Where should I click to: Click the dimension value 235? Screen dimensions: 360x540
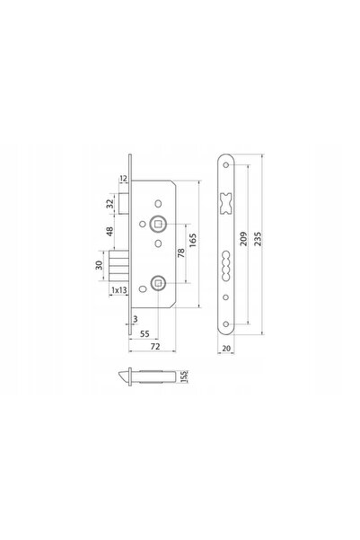pos(258,239)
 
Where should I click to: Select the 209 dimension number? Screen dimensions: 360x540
pos(243,239)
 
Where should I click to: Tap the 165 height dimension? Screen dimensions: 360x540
pos(193,240)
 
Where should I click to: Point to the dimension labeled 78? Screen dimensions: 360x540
pos(181,252)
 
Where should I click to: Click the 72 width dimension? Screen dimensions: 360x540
pos(155,347)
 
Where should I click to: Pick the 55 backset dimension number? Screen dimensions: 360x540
pos(145,333)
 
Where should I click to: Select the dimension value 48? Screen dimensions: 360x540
pos(110,231)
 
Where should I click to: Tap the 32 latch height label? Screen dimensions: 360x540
pos(110,204)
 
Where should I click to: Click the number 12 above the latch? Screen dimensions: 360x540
pos(123,179)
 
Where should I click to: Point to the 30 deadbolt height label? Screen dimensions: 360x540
pos(99,265)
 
